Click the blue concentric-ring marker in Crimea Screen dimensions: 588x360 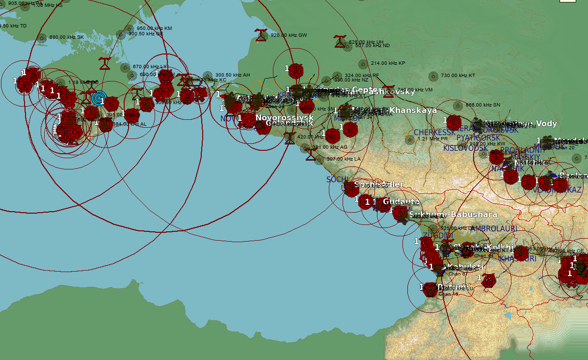click(x=99, y=99)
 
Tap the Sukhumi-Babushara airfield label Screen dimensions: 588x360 click(x=453, y=215)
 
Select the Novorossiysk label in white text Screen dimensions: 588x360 click(x=284, y=118)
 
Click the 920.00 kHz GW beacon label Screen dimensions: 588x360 click(x=289, y=35)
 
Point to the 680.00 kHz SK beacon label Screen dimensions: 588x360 click(x=66, y=37)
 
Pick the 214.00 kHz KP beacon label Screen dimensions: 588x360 click(x=388, y=63)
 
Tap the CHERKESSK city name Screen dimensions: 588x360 click(x=434, y=133)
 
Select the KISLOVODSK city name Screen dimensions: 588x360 click(x=465, y=148)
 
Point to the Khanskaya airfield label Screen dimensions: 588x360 click(x=413, y=111)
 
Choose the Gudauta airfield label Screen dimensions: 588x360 click(x=401, y=202)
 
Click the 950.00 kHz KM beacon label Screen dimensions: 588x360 click(x=154, y=28)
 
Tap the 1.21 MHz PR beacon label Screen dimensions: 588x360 click(x=432, y=139)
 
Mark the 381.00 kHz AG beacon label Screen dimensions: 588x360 click(x=330, y=147)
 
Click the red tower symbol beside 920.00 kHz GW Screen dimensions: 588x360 click(x=261, y=34)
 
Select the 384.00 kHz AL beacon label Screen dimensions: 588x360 click(x=130, y=124)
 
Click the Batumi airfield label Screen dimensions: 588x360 click(x=452, y=287)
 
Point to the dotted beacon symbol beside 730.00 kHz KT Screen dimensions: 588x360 click(x=433, y=76)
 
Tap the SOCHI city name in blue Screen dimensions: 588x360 click(x=337, y=180)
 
